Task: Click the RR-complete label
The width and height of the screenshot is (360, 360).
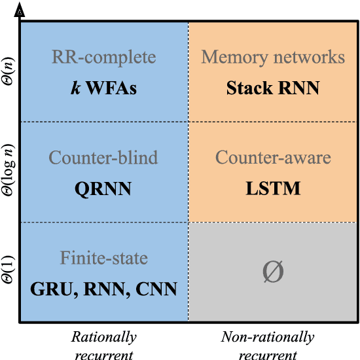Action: tap(104, 57)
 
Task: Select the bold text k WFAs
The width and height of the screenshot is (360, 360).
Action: tap(104, 88)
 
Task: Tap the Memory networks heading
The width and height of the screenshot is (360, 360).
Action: tap(273, 57)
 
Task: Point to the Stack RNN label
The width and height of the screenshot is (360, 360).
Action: tap(273, 88)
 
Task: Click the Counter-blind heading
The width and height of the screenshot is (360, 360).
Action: tap(104, 158)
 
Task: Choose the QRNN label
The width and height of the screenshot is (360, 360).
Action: tap(104, 189)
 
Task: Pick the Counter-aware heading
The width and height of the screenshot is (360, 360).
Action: tap(273, 158)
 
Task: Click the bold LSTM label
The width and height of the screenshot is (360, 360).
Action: tap(273, 189)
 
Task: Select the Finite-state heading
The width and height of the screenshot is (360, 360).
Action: tap(104, 258)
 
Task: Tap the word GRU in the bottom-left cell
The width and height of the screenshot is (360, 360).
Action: tap(51, 289)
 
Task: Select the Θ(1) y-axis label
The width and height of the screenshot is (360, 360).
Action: tap(9, 272)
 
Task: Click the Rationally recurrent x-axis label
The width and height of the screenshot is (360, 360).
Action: tap(104, 345)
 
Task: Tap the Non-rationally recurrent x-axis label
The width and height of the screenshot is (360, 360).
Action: tap(268, 345)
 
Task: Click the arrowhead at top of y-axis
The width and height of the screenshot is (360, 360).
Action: tap(20, 10)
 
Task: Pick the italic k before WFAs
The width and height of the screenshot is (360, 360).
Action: tap(76, 88)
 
